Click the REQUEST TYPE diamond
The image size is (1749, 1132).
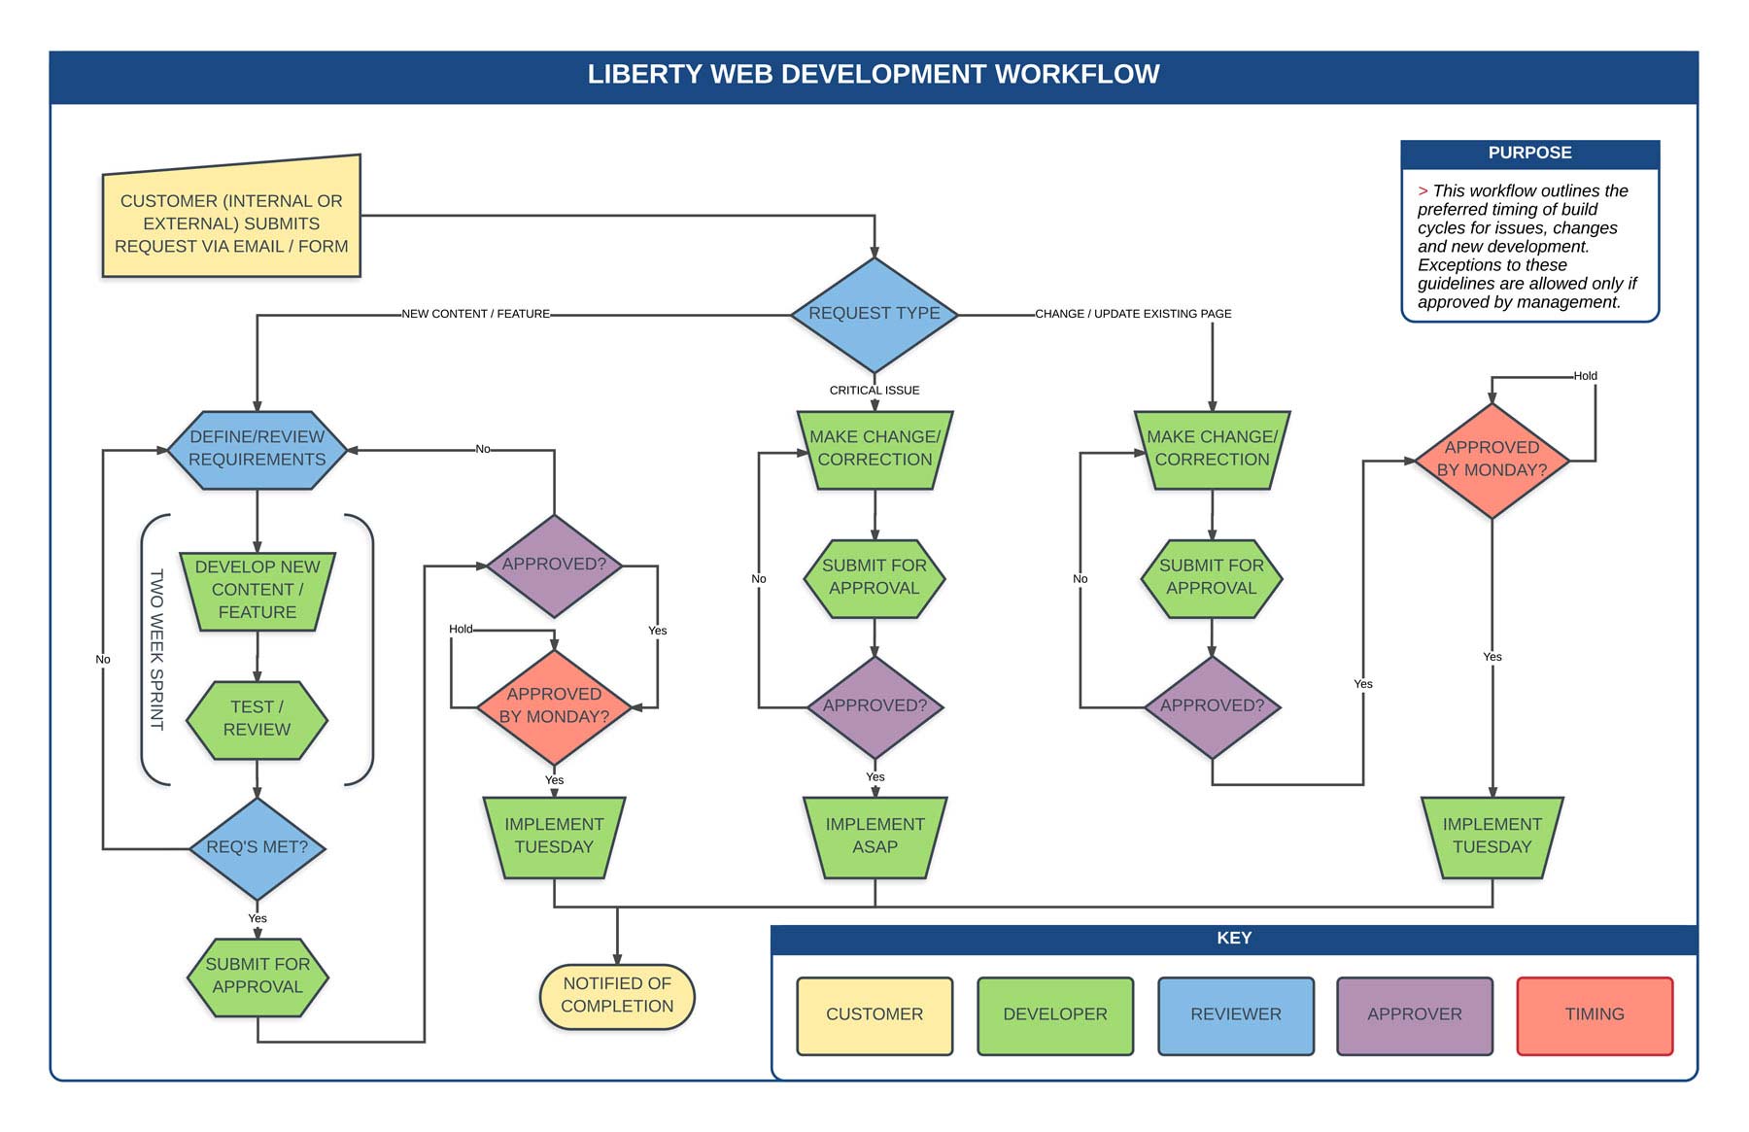(874, 314)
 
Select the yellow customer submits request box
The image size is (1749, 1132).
(231, 223)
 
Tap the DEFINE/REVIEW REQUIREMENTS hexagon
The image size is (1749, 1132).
(257, 449)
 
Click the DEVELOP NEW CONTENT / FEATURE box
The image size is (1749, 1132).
(257, 590)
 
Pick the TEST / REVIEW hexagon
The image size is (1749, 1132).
(257, 719)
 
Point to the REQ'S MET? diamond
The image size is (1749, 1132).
(257, 847)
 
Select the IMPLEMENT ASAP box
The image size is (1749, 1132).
(874, 836)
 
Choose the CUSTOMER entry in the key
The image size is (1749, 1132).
(874, 1014)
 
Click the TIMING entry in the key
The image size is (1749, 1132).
(1595, 1014)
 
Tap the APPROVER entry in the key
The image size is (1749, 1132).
(1414, 1014)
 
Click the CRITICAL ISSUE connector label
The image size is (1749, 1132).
(874, 391)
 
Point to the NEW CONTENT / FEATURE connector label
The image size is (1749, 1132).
(476, 314)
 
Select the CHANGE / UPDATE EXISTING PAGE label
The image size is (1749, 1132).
(1133, 314)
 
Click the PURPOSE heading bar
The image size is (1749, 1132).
(1529, 154)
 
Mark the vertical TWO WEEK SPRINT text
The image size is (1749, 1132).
(156, 649)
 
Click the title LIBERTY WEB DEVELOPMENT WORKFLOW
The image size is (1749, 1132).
(874, 75)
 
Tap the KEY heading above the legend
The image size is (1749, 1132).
(1234, 939)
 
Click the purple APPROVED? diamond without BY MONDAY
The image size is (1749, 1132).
(554, 565)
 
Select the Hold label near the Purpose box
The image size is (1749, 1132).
(1585, 376)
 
